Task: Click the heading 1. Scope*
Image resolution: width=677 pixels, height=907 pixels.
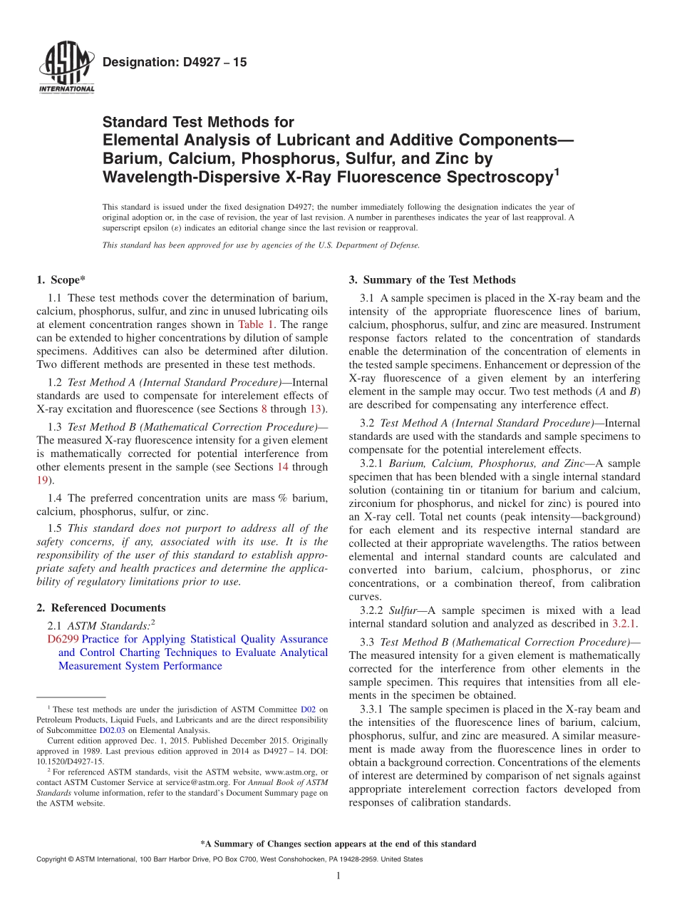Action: [61, 280]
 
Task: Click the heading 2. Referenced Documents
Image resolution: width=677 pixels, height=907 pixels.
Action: [101, 608]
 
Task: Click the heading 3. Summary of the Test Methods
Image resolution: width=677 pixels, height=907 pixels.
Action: [432, 280]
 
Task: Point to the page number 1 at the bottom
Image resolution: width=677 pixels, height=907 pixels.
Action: [338, 876]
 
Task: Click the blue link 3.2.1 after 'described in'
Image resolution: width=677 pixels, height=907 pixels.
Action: [624, 624]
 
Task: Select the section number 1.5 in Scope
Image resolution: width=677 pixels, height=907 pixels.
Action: [55, 529]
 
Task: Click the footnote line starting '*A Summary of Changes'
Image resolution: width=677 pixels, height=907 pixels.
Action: [338, 844]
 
